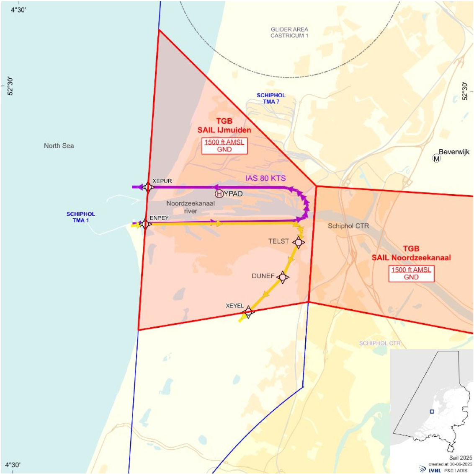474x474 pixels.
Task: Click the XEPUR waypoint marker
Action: coord(148,187)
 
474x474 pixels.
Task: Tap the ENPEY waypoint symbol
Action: coord(145,224)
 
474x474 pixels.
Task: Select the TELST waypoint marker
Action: coord(298,242)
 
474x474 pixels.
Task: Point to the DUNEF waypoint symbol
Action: coord(283,277)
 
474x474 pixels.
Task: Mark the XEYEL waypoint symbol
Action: coord(248,312)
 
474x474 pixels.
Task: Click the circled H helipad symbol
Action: coord(219,194)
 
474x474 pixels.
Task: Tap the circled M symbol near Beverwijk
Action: coord(436,158)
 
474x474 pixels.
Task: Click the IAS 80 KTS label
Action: coord(265,178)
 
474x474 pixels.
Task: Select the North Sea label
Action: coord(59,146)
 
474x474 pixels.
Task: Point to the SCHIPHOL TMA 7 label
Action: coord(271,98)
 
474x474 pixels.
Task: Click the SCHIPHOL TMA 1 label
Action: coord(81,217)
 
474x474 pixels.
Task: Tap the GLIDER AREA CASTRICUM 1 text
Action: coord(289,33)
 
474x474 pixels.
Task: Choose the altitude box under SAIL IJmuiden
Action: coord(224,146)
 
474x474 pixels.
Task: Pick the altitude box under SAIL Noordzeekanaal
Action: coord(411,273)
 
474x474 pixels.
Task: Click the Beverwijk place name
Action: coord(454,152)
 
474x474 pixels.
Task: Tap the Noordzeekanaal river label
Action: coord(191,207)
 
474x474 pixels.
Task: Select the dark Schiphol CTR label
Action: coord(348,226)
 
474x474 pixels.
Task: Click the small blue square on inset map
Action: coord(432,412)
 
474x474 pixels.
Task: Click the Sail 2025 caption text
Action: coord(460,458)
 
